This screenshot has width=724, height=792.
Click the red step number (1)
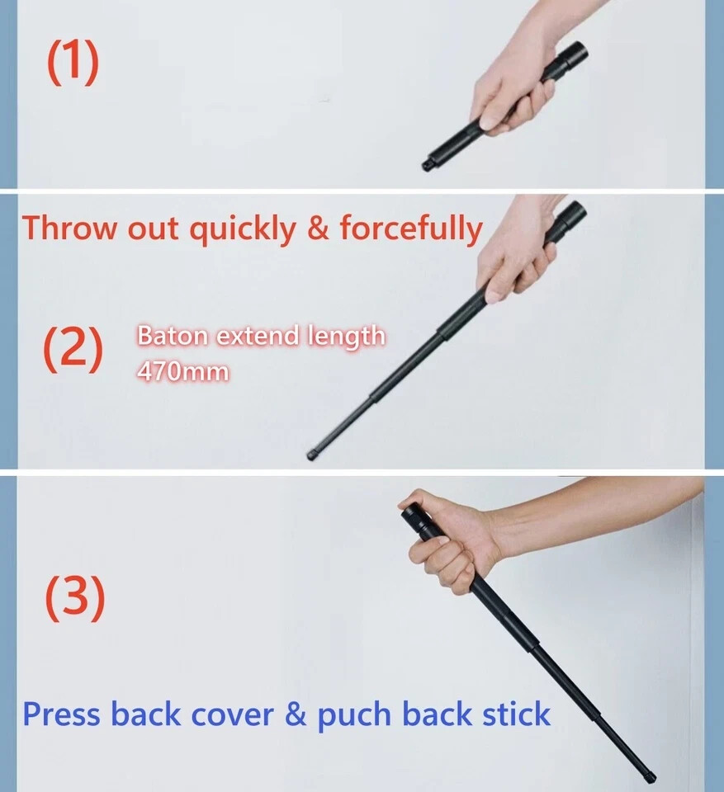(x=73, y=64)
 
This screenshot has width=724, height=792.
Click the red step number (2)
(x=73, y=351)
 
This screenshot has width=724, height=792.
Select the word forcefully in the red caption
(x=410, y=229)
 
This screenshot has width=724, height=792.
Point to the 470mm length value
(x=182, y=371)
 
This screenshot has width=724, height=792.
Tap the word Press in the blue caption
(x=62, y=714)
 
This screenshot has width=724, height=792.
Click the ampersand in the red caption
(x=317, y=229)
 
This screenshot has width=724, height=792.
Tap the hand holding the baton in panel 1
(x=508, y=91)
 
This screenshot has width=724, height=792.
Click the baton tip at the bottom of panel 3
(x=650, y=776)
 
